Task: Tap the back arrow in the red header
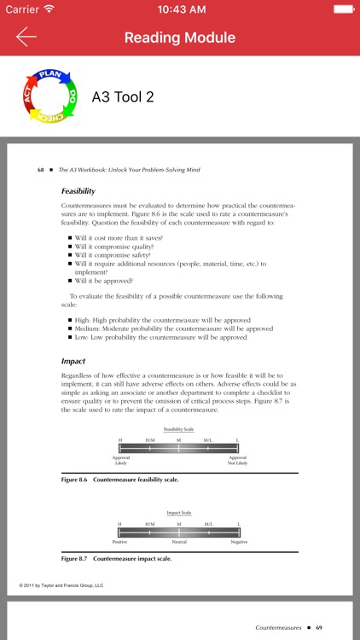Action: [x=26, y=37]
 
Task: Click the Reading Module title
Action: [x=180, y=38]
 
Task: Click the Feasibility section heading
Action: [x=78, y=191]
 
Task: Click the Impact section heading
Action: [x=73, y=361]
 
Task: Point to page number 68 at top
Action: [x=40, y=170]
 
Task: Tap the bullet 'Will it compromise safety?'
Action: [x=113, y=254]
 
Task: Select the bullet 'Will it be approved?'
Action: [x=107, y=280]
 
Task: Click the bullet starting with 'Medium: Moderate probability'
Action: [x=174, y=329]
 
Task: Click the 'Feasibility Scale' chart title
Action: [x=178, y=428]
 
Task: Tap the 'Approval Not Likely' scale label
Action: [x=237, y=461]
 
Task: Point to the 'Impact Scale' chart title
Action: [x=178, y=513]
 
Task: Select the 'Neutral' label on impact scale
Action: [x=179, y=542]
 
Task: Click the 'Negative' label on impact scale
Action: [x=239, y=542]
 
